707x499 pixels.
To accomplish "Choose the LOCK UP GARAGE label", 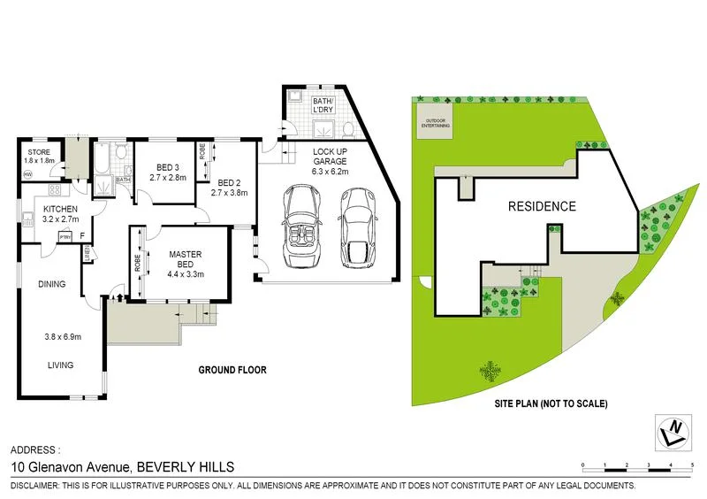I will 328,156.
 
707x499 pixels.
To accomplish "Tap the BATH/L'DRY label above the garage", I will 323,106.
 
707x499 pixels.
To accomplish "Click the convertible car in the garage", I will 301,227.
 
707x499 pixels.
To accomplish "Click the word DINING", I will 51,285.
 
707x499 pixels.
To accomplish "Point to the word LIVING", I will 60,365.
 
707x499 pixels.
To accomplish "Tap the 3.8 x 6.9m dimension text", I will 63,337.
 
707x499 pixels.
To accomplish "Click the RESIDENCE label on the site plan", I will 542,207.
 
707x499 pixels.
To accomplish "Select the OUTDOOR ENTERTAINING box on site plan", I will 437,124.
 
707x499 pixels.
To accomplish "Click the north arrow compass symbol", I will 675,432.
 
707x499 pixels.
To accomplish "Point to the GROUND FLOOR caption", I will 232,370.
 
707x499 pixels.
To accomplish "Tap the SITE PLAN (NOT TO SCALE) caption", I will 549,404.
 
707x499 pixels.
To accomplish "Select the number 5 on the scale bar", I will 692,464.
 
